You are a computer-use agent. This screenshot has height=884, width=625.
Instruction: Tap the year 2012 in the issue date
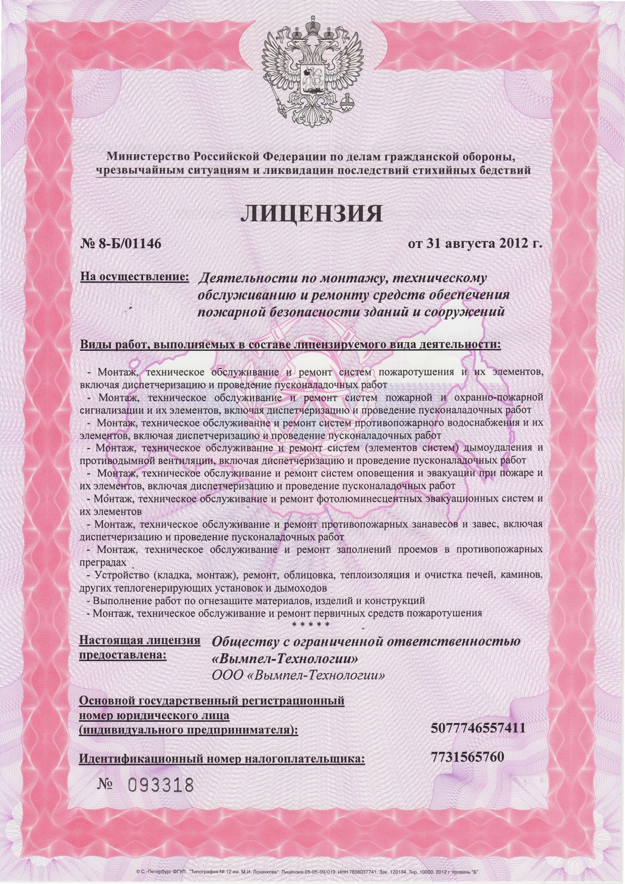tap(516, 244)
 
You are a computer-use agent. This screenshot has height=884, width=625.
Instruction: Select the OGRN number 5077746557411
tap(479, 728)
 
